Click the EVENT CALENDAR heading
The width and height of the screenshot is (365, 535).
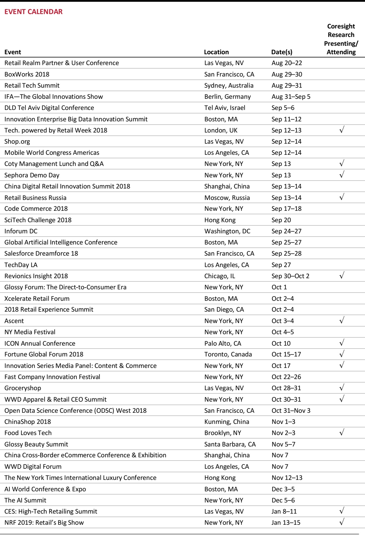point(33,12)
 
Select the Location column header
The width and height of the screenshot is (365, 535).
point(216,52)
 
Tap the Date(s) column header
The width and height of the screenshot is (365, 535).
point(282,52)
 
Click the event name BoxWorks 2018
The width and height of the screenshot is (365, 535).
point(27,74)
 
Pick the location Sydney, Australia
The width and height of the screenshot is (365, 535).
point(229,86)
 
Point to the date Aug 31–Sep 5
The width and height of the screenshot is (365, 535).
point(291,97)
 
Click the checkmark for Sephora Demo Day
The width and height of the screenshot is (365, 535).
point(341,175)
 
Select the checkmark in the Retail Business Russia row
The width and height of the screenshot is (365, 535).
point(341,197)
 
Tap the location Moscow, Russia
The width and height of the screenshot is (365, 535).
point(227,198)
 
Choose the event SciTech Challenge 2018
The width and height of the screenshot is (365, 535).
point(38,220)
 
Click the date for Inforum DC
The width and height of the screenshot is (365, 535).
point(286,231)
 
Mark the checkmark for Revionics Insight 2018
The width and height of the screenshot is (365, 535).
point(341,275)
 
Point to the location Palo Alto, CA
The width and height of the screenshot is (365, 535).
point(223,343)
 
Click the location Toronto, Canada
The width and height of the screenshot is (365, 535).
point(228,354)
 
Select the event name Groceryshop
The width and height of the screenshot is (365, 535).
point(23,388)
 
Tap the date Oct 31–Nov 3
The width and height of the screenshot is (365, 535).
point(291,411)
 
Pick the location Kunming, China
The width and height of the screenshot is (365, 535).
point(227,422)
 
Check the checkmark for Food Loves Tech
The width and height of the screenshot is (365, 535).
point(341,432)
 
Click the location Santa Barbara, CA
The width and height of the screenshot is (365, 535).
point(230,444)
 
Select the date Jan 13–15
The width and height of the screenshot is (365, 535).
point(286,523)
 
